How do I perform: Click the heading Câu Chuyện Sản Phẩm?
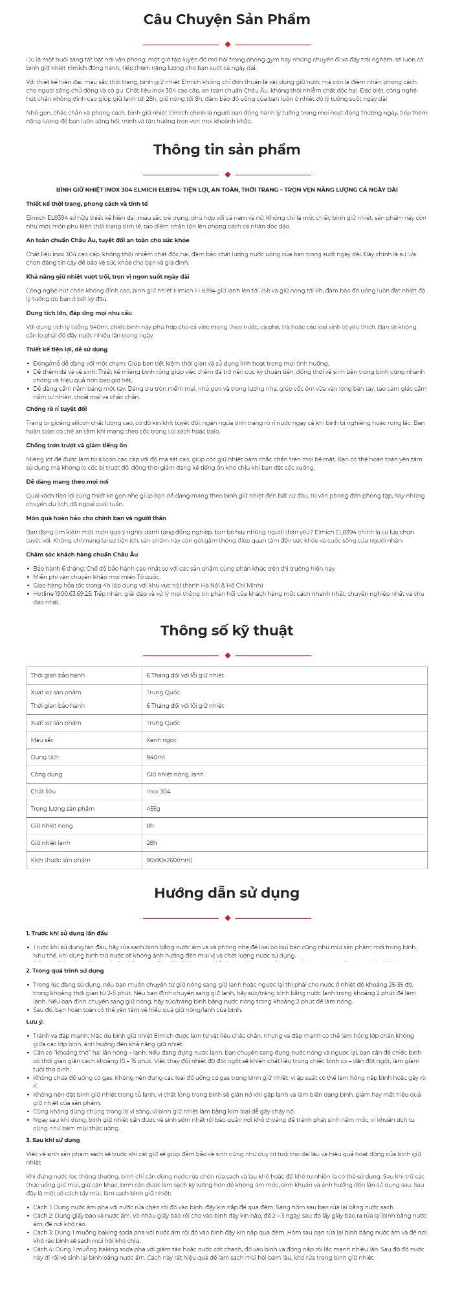coord(226,19)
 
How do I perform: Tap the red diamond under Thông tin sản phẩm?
coord(227,175)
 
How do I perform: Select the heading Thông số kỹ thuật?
coord(226,630)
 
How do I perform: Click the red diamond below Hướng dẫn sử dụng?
coord(227,918)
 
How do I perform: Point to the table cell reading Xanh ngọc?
coord(161,740)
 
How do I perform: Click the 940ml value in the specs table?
coord(155,757)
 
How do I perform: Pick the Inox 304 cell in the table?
coord(158,791)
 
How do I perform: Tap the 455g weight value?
coord(153,809)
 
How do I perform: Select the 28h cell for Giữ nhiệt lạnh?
coord(151,843)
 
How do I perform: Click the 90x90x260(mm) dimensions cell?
coord(169,860)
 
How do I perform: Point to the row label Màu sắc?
coord(42,740)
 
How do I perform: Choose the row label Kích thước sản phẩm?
coord(60,860)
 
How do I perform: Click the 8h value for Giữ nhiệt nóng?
coord(150,826)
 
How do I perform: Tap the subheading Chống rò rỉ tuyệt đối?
coord(56,409)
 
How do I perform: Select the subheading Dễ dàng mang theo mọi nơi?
coord(67,482)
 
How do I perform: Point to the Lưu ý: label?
coord(35,1021)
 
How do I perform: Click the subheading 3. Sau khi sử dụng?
coord(53,1139)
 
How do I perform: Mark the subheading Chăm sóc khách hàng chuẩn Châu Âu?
coord(82,554)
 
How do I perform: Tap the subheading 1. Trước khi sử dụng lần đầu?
coord(67,933)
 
